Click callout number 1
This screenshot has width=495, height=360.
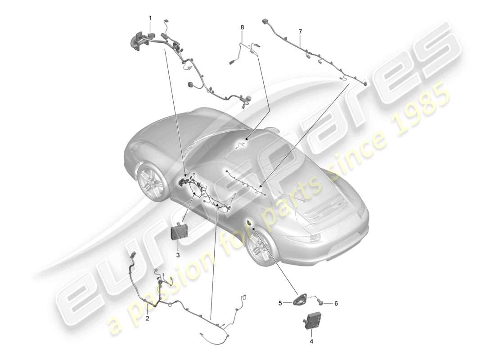(150, 18)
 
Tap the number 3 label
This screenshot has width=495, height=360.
(178, 255)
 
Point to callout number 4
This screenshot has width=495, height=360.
(311, 341)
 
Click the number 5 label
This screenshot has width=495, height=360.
(280, 303)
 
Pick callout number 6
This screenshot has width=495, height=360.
(336, 303)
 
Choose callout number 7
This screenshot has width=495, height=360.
(300, 31)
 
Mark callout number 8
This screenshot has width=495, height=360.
(242, 27)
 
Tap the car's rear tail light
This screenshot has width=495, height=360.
(312, 238)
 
